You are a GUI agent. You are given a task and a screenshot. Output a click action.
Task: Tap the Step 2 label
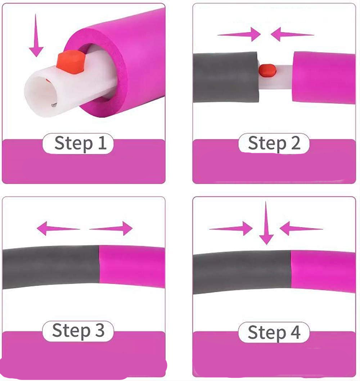click(x=274, y=143)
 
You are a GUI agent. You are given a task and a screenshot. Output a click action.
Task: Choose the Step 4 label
click(x=274, y=332)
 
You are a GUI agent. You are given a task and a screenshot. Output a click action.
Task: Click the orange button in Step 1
click(x=71, y=62)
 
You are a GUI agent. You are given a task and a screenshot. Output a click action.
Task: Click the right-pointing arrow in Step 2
click(x=239, y=34)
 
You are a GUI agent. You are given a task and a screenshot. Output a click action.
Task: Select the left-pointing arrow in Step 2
click(x=292, y=34)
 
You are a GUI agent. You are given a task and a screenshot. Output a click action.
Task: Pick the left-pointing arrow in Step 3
click(x=58, y=229)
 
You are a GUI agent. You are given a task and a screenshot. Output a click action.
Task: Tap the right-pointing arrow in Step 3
click(x=111, y=229)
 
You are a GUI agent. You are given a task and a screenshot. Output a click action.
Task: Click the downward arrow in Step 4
click(x=266, y=223)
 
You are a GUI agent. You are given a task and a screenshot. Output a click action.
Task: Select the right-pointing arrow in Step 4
click(x=231, y=229)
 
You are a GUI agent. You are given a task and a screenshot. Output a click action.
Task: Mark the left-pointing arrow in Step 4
click(x=301, y=229)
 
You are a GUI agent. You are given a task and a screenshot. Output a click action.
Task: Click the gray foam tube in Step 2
click(x=225, y=77)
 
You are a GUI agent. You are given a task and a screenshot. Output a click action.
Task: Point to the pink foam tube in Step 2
click(x=324, y=77)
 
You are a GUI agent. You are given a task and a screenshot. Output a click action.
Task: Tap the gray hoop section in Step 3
click(x=51, y=267)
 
